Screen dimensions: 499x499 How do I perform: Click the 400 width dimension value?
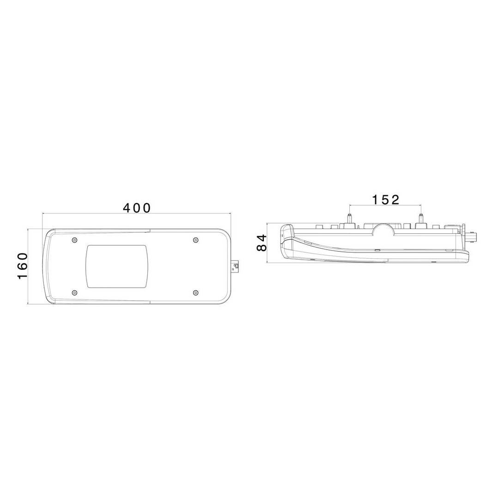(x=137, y=208)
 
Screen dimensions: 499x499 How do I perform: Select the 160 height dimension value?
(x=23, y=266)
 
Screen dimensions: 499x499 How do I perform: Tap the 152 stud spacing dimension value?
(x=386, y=200)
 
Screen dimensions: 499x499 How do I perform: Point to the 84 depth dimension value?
(x=262, y=243)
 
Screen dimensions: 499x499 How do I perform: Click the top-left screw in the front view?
(x=74, y=240)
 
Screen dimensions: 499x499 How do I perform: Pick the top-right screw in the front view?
(x=196, y=240)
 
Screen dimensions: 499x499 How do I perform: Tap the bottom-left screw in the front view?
(x=74, y=292)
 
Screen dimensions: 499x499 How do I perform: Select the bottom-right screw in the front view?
(x=196, y=292)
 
